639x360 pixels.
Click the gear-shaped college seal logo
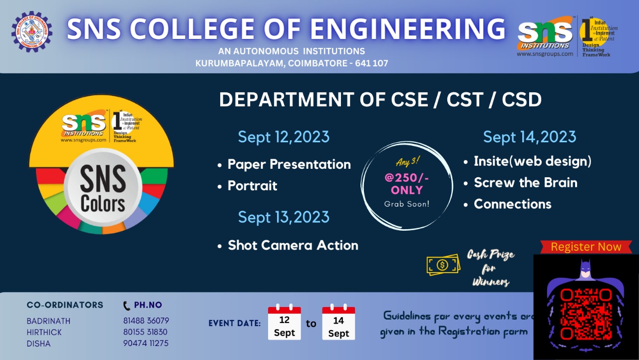(31, 32)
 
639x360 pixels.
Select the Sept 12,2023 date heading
(284, 137)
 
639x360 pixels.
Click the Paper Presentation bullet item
(289, 164)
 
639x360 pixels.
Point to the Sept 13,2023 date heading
(284, 217)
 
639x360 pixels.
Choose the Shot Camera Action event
(293, 245)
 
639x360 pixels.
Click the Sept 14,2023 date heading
(530, 137)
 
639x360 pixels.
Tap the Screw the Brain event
(525, 183)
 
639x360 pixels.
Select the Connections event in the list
(512, 204)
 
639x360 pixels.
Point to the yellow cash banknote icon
(443, 265)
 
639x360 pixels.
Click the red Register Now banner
(586, 247)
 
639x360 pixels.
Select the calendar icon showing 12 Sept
(285, 323)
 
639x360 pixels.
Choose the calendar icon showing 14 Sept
(338, 323)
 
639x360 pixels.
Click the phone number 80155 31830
(145, 332)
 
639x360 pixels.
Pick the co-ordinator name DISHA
(38, 344)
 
